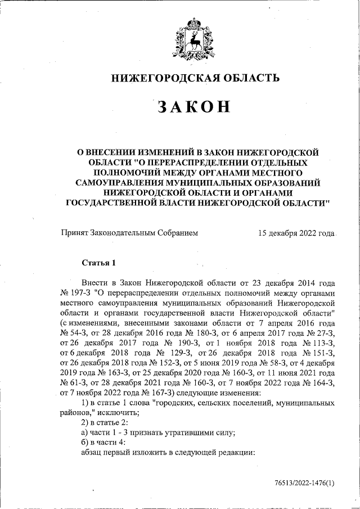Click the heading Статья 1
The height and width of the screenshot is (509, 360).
(98, 263)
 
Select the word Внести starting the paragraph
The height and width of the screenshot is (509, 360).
(94, 283)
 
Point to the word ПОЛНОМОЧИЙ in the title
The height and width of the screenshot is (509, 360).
(125, 172)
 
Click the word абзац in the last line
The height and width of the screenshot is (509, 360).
(93, 452)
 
